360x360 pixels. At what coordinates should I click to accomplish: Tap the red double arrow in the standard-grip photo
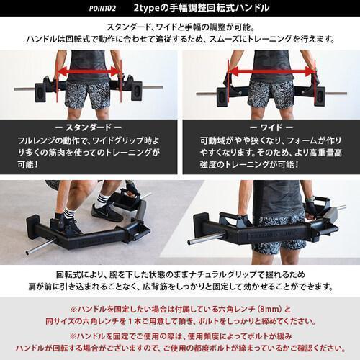pos(89,72)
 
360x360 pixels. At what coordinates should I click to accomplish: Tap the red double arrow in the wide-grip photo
pos(271,72)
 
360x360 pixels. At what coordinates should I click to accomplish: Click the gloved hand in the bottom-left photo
pos(132,189)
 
